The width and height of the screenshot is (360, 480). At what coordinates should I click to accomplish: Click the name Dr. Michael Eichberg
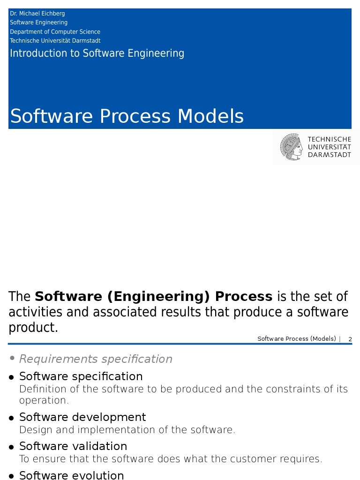[x=37, y=14]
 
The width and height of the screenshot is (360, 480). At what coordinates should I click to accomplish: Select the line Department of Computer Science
[x=55, y=32]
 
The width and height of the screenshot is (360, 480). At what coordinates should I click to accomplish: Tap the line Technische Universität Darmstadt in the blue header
[x=55, y=41]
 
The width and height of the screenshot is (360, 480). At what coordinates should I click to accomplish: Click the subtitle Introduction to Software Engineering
[x=97, y=53]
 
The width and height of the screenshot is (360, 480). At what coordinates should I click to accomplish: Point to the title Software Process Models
[x=127, y=116]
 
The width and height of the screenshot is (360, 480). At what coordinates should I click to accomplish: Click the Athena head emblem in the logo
[x=292, y=147]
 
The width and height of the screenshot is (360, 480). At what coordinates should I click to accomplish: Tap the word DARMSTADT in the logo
[x=329, y=155]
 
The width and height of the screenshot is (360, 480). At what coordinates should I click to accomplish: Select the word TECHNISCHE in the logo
[x=329, y=139]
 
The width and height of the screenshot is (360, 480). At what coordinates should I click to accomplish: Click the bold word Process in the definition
[x=243, y=297]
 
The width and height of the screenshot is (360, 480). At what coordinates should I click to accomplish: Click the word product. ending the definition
[x=33, y=328]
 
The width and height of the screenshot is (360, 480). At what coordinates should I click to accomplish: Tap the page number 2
[x=350, y=339]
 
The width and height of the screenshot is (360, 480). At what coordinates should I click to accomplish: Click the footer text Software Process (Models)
[x=297, y=339]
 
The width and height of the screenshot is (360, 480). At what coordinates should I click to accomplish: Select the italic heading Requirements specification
[x=96, y=359]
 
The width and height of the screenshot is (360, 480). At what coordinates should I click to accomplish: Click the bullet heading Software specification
[x=81, y=376]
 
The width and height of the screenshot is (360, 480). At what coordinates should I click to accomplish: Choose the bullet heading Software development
[x=82, y=417]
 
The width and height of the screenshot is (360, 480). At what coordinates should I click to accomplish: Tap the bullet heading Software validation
[x=73, y=446]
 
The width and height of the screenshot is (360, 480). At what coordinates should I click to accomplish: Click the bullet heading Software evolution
[x=71, y=475]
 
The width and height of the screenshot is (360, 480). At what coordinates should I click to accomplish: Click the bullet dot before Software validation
[x=12, y=447]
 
